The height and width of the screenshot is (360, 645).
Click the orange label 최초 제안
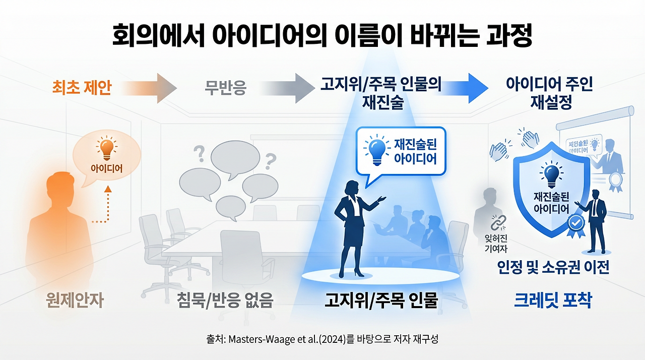coord(81,88)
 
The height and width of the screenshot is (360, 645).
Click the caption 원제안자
coord(74,301)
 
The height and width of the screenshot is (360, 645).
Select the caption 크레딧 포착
coord(553,301)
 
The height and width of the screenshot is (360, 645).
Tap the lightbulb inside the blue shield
coord(551,174)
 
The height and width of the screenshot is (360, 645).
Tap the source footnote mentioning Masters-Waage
coord(322,339)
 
